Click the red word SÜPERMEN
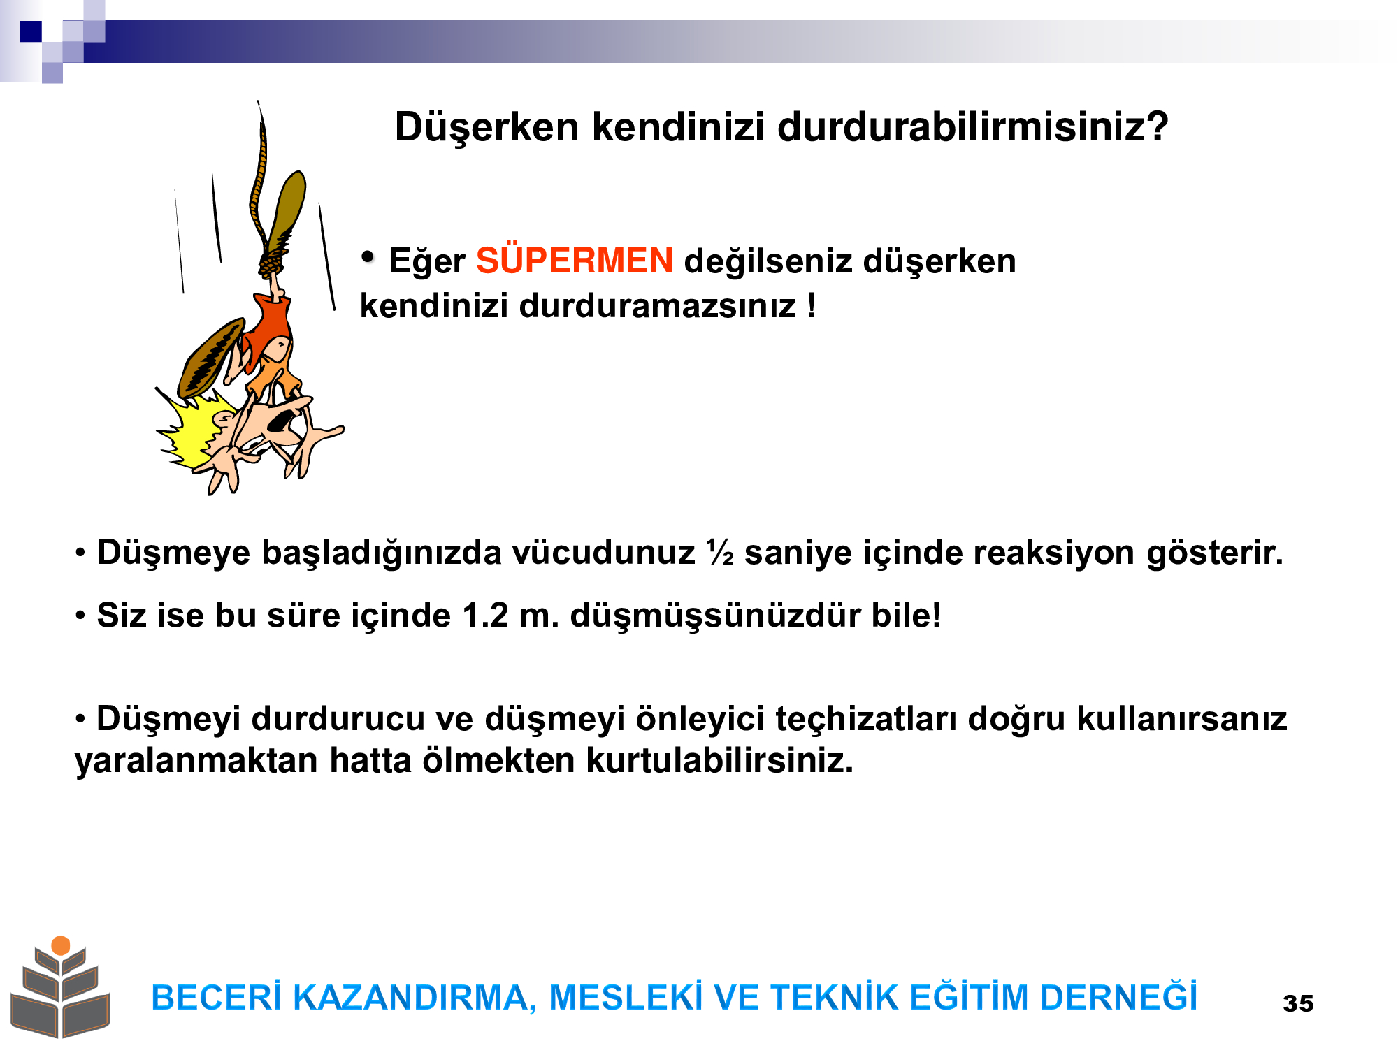[x=575, y=261]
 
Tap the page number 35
[x=1298, y=1003]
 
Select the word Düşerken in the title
[x=487, y=129]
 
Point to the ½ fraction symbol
[x=720, y=552]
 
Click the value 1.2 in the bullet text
[x=485, y=616]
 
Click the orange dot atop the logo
[x=61, y=945]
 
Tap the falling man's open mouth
[x=280, y=420]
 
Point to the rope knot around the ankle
[x=272, y=263]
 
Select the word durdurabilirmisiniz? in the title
[x=973, y=127]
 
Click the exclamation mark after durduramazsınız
[x=811, y=305]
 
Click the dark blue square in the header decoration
[x=31, y=31]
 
